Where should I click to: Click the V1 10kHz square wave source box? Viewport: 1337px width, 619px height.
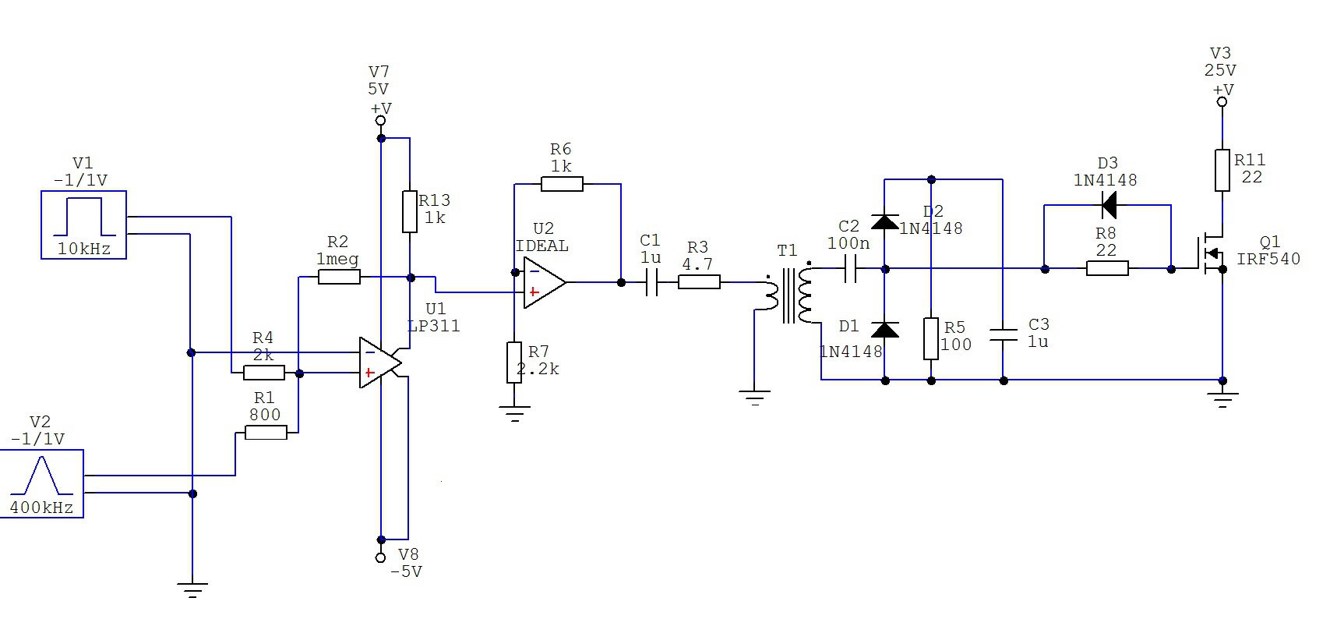tap(83, 225)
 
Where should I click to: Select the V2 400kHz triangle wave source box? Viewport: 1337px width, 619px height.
tap(42, 483)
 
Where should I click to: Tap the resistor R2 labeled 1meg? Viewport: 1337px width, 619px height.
tap(339, 277)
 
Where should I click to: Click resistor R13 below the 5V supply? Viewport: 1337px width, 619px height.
tap(410, 211)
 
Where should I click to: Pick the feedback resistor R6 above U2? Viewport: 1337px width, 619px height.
tap(562, 184)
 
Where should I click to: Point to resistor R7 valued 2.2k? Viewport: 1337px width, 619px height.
tap(514, 362)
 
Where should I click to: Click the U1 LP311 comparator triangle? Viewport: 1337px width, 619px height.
tap(380, 363)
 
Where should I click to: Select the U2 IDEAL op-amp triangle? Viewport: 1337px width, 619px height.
tap(545, 282)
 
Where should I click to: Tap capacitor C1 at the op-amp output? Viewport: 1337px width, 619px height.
tap(652, 282)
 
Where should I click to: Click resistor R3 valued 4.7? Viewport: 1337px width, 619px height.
tap(699, 281)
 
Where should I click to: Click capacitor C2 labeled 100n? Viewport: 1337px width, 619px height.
tap(851, 270)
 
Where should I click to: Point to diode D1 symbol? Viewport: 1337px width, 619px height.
tap(885, 329)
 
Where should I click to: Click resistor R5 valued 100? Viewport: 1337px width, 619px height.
tap(931, 338)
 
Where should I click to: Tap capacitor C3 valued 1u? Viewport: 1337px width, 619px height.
tap(1004, 336)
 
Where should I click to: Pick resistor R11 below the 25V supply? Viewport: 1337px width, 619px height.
tap(1222, 171)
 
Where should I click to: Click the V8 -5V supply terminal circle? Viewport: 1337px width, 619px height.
tap(381, 557)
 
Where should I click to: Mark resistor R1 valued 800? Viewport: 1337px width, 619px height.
tap(266, 433)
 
